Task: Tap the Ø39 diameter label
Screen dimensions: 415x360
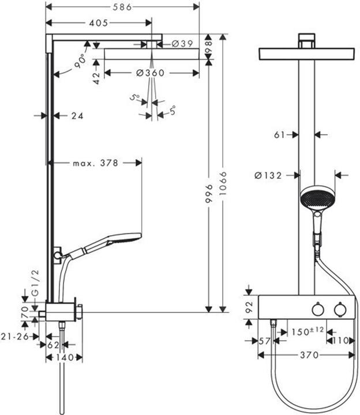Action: pos(182,44)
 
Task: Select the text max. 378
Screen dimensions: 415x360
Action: pos(95,163)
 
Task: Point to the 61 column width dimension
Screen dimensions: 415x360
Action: pos(280,135)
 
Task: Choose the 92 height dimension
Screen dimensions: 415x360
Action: pos(249,307)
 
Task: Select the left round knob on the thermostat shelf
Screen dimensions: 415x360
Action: pos(316,310)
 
